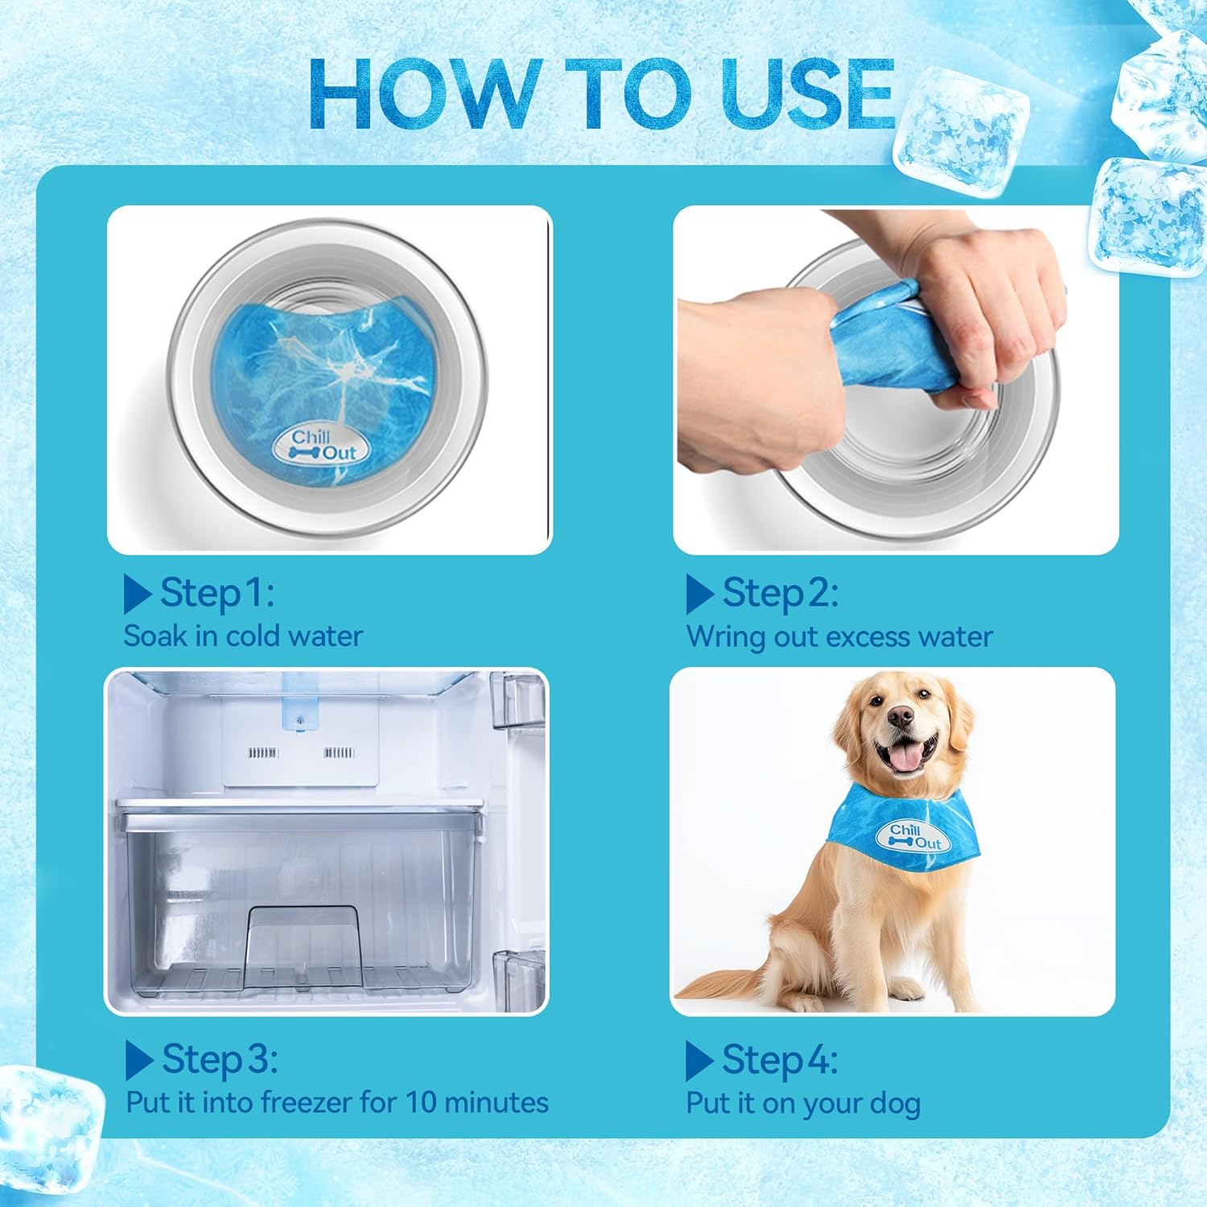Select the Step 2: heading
pyautogui.click(x=780, y=593)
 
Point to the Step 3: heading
pyautogui.click(x=219, y=1059)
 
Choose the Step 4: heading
pyautogui.click(x=779, y=1059)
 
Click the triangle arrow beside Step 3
pyautogui.click(x=138, y=1060)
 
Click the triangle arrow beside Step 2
pyautogui.click(x=698, y=595)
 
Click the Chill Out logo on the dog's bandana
pyautogui.click(x=913, y=837)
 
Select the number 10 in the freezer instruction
pyautogui.click(x=420, y=1102)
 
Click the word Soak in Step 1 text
pyautogui.click(x=155, y=636)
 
